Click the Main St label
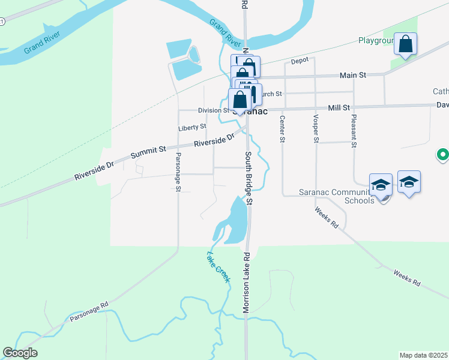[x=352, y=75]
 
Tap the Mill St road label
[x=339, y=107]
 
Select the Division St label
[x=213, y=110]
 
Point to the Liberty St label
[x=192, y=127]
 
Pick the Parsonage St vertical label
[x=178, y=172]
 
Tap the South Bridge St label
[x=249, y=178]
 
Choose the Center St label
[x=281, y=130]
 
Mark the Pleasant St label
[x=354, y=131]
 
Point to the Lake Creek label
[x=218, y=267]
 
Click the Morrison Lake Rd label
[x=246, y=282]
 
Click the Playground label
[x=376, y=41]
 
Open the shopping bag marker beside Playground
[x=406, y=44]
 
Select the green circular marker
[x=443, y=155]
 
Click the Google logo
[x=20, y=353]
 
